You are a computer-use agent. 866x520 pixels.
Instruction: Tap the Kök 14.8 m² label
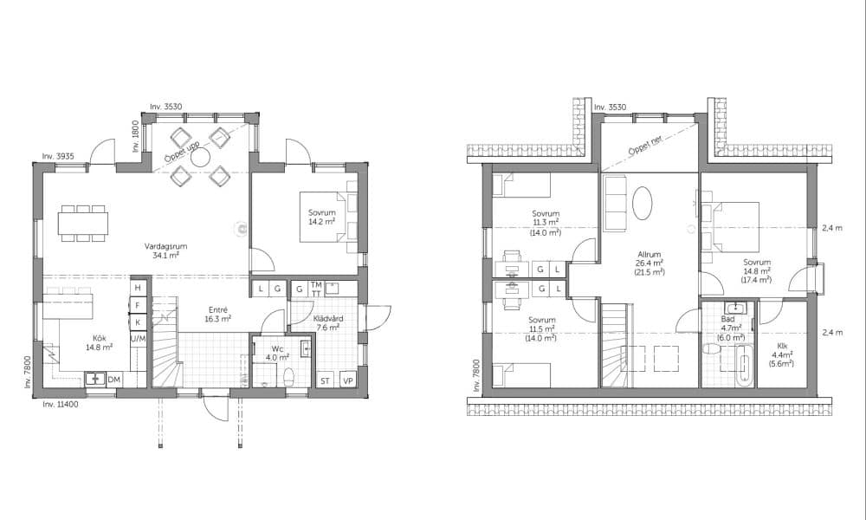100,342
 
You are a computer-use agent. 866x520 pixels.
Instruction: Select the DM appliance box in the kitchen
113,380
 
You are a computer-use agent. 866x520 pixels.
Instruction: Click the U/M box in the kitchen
138,338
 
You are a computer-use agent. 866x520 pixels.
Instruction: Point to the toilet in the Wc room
288,378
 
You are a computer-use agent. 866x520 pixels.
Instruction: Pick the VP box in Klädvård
347,380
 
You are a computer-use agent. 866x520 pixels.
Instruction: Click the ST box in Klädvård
326,380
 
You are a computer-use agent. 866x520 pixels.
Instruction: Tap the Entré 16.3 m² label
217,315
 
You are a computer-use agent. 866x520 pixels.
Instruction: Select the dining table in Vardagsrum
83,224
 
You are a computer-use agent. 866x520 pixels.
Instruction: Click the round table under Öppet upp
200,158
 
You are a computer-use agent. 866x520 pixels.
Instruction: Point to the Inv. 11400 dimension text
61,405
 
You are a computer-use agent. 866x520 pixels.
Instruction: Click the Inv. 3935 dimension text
58,156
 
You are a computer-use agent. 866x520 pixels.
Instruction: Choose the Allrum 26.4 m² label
649,263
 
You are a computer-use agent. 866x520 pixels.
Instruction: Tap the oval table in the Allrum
642,203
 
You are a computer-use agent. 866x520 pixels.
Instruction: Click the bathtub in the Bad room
744,365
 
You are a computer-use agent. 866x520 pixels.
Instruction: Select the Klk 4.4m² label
782,354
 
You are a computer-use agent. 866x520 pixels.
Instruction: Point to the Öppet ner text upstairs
644,146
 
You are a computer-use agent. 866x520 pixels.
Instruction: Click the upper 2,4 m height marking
832,228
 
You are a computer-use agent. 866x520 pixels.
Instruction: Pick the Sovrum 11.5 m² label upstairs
542,328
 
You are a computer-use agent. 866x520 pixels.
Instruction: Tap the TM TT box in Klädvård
316,289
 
